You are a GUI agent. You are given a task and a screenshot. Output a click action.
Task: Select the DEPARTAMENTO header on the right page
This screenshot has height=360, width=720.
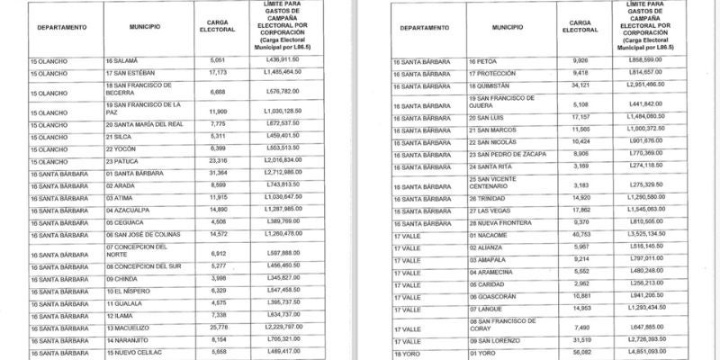coord(426,28)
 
